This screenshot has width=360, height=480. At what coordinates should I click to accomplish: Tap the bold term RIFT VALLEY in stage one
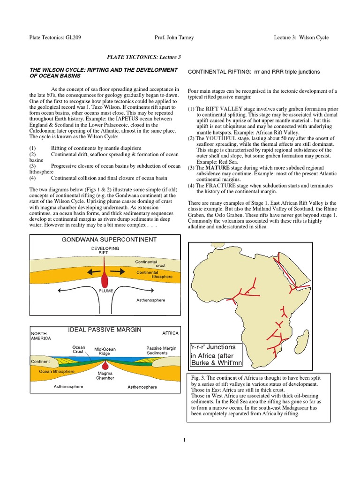[223, 108]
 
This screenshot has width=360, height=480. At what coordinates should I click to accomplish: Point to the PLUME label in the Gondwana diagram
[105, 291]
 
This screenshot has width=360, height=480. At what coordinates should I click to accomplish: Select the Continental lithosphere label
[154, 274]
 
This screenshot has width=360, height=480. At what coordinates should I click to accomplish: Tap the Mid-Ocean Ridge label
[105, 352]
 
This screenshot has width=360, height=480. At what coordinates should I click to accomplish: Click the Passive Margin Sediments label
[161, 351]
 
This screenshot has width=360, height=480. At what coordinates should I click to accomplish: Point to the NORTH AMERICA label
[41, 335]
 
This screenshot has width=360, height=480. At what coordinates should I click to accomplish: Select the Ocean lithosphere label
[52, 371]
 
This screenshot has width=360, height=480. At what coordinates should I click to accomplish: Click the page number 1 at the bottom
[185, 439]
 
